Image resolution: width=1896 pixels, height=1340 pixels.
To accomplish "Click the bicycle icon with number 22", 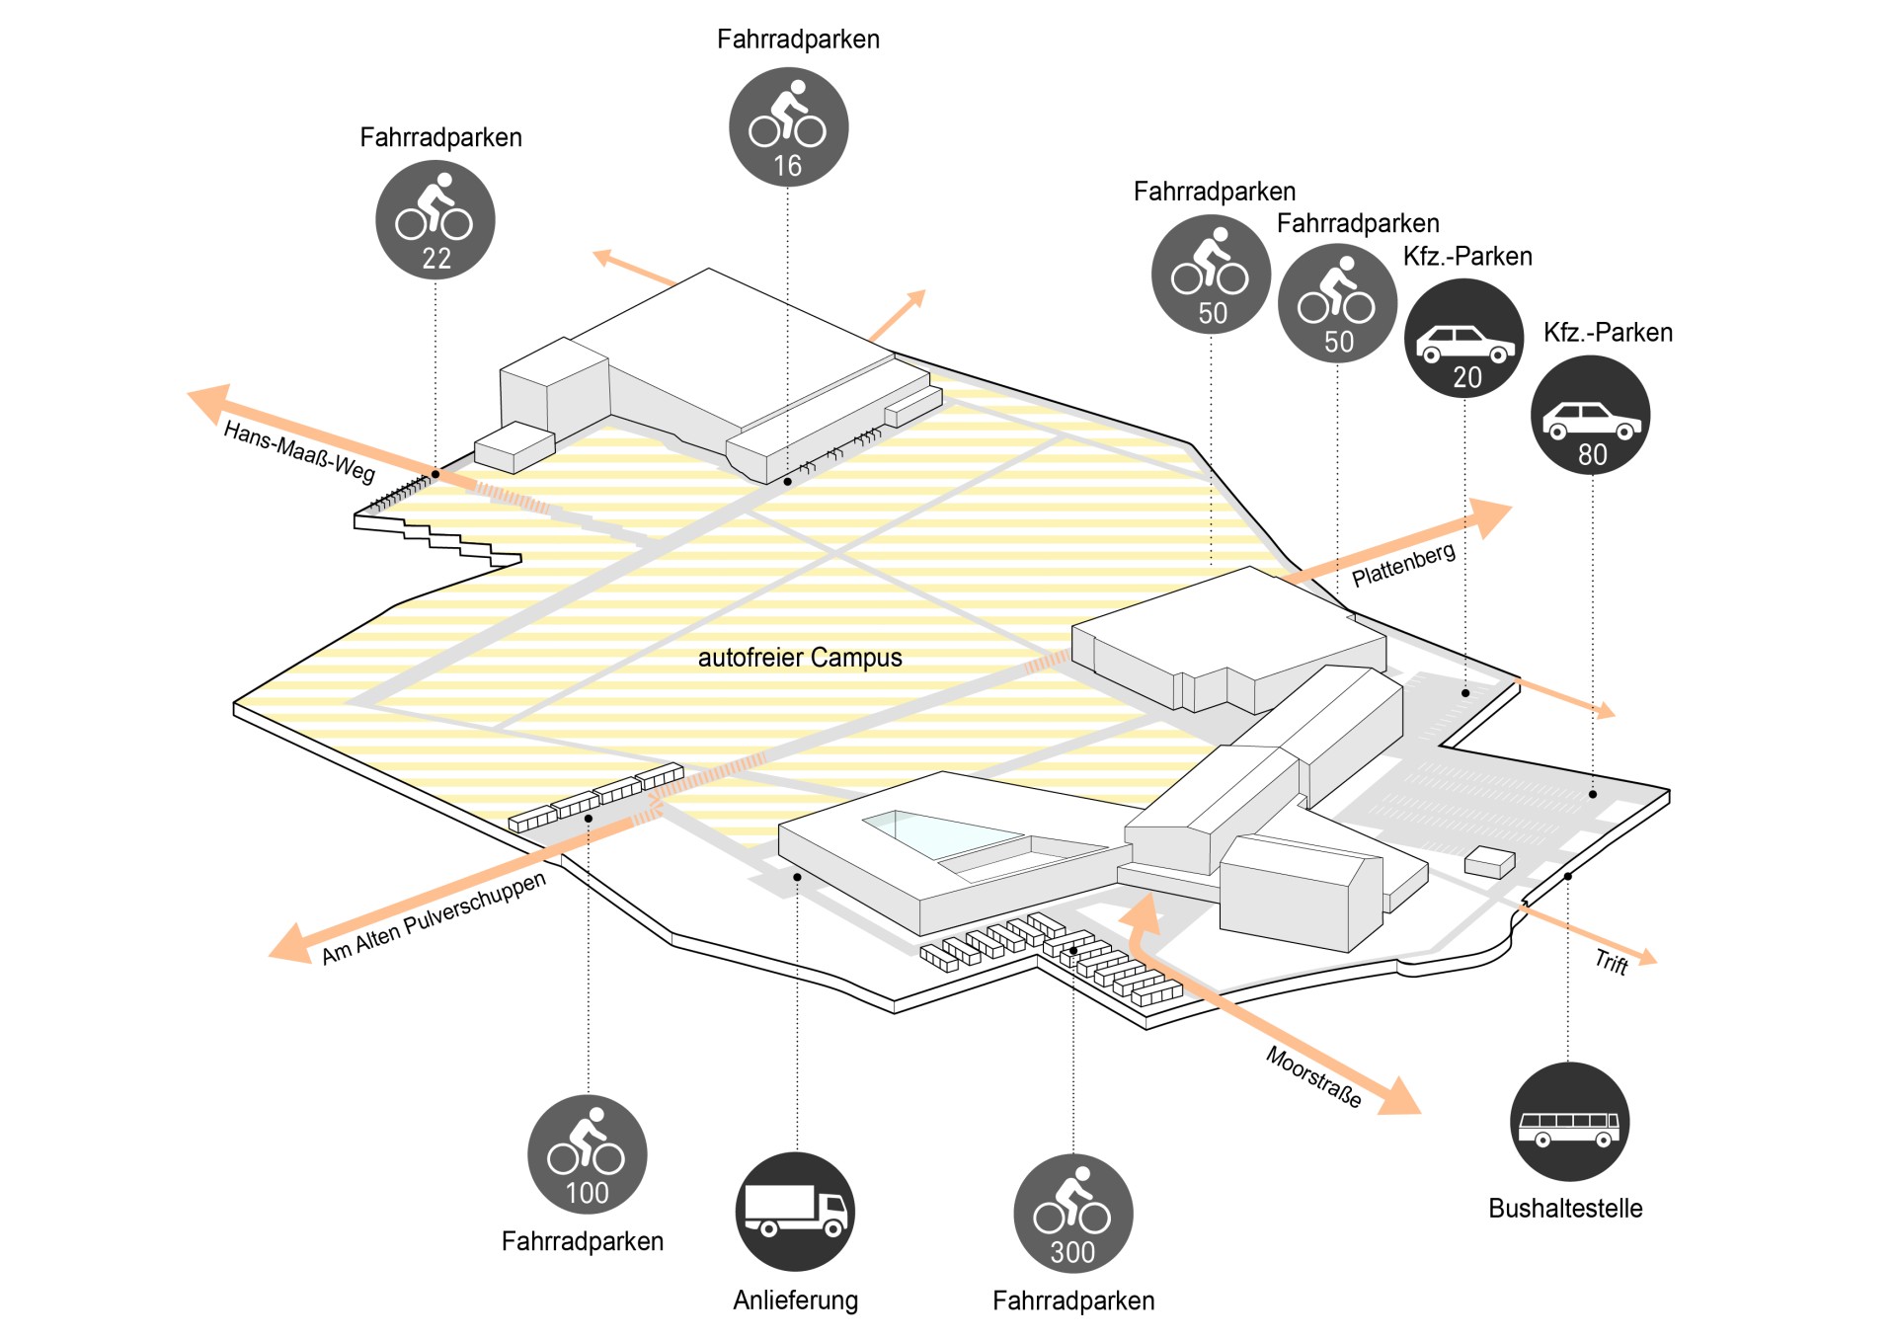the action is click(x=435, y=220).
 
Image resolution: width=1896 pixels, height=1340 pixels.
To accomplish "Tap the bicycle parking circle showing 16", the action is click(x=788, y=126).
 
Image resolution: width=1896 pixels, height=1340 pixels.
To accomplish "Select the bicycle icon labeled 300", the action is click(x=1073, y=1214).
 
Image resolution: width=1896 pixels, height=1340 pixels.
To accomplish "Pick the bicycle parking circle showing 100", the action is click(x=588, y=1154).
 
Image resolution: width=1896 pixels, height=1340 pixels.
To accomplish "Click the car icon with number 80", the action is click(x=1590, y=415).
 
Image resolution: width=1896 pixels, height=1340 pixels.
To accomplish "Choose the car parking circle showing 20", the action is click(x=1464, y=338).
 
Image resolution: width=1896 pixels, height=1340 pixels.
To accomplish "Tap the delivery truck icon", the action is click(x=795, y=1212).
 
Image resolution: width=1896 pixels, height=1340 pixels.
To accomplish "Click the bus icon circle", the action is click(x=1569, y=1122).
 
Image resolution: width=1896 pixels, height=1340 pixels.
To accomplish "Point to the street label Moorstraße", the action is click(x=1313, y=1076).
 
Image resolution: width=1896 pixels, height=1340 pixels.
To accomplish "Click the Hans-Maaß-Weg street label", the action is click(x=299, y=452).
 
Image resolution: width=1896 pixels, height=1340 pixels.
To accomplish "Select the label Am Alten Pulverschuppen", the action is click(x=434, y=918).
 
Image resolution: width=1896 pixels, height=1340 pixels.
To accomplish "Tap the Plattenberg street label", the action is click(x=1403, y=565).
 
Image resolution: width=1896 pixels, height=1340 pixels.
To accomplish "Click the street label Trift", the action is click(x=1612, y=962).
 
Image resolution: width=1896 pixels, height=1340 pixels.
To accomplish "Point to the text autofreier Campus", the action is click(x=800, y=658).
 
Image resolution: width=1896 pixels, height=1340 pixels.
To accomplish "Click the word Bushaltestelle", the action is click(x=1565, y=1209).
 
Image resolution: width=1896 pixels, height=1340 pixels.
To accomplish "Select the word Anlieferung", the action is click(x=795, y=1301).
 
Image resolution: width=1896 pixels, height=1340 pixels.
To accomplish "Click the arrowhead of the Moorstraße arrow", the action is click(x=1398, y=1096).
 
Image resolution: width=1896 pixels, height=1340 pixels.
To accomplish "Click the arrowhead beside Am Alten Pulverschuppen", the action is click(x=292, y=944).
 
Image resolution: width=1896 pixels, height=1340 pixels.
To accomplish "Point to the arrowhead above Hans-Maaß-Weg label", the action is click(x=209, y=401).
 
